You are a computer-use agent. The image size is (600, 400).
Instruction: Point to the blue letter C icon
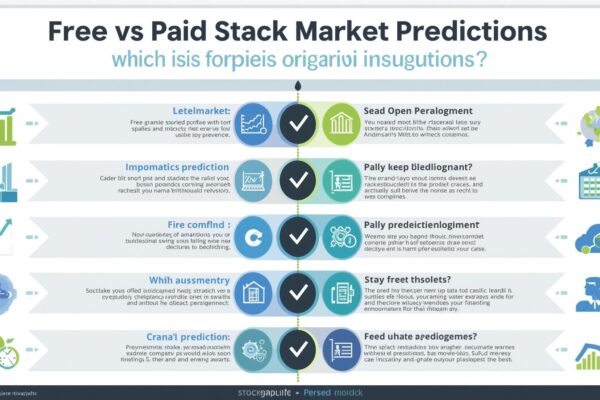(252, 238)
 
